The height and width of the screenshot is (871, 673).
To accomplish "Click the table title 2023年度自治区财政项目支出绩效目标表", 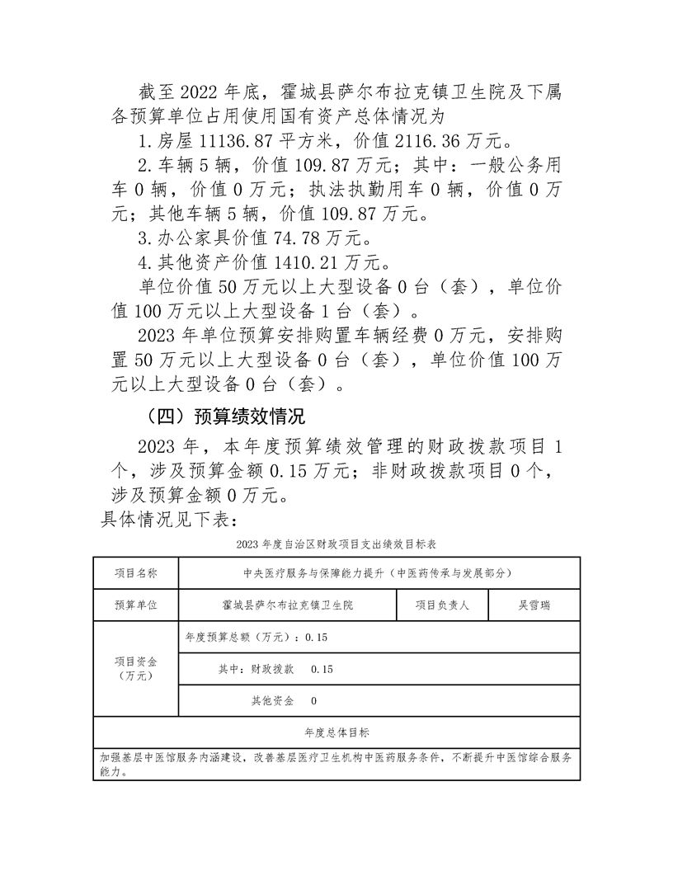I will [x=336, y=545].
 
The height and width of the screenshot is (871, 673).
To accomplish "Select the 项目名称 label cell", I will [x=135, y=573].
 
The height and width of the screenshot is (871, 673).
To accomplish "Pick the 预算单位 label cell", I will [x=135, y=605].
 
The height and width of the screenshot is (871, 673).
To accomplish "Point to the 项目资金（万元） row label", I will [x=135, y=668].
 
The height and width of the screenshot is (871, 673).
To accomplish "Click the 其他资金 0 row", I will [x=284, y=700].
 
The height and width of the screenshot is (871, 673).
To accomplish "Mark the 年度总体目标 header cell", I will [x=336, y=732].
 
